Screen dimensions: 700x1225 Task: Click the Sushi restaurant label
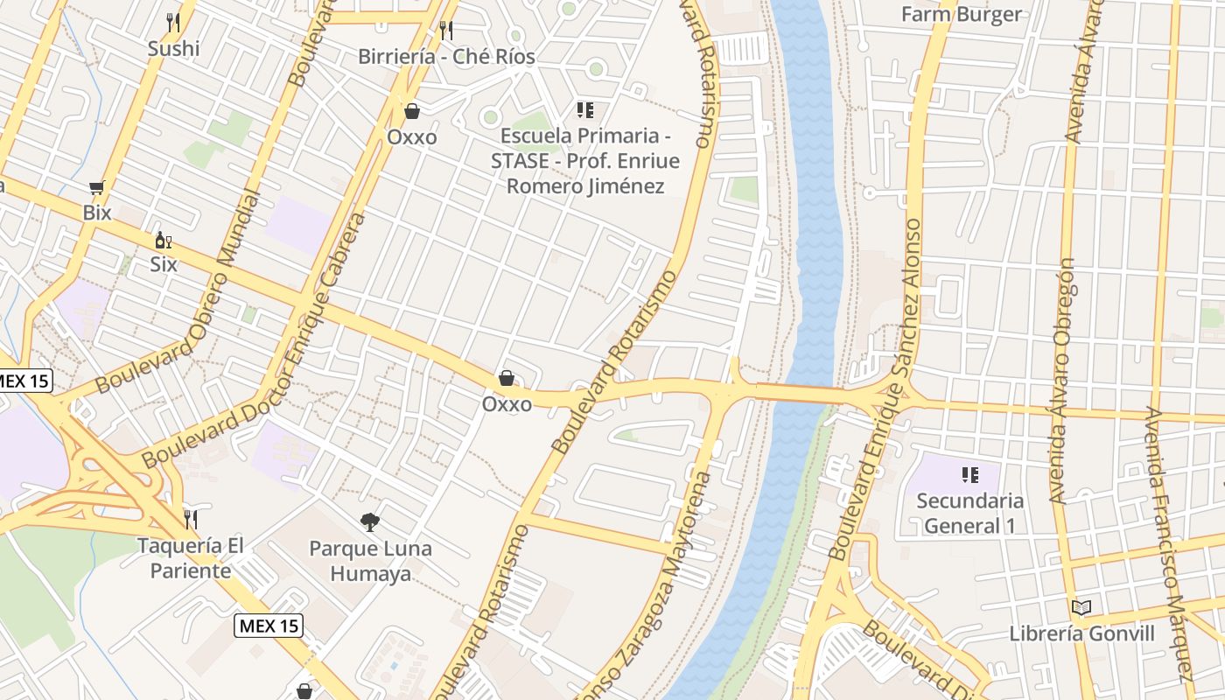point(173,49)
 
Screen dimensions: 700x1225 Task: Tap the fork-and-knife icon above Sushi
point(173,23)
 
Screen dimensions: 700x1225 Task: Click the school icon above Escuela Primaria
point(584,110)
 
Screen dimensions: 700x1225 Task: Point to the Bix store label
point(97,213)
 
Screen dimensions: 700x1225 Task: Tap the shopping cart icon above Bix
point(97,187)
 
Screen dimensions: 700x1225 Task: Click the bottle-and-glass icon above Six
point(163,240)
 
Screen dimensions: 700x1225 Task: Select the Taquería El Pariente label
point(191,558)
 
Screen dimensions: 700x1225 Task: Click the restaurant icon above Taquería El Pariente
point(191,520)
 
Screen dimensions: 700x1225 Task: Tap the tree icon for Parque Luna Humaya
point(370,522)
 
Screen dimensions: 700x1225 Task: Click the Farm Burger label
point(962,14)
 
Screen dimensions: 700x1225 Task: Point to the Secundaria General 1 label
point(969,514)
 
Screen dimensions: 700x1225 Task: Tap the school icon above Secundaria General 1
point(969,475)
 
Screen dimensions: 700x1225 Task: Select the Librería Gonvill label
point(1082,633)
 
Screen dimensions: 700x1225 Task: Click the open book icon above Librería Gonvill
point(1081,607)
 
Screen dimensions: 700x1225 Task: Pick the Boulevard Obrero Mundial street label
point(178,294)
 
